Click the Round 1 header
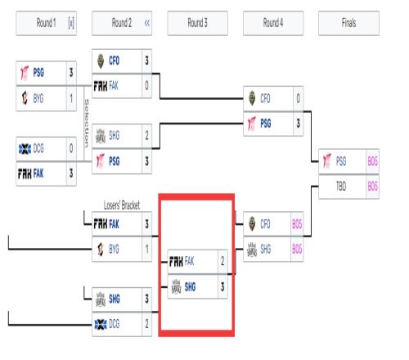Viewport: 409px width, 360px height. coord(46,23)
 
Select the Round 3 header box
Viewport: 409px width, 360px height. coord(197,23)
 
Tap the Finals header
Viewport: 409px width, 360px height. coord(348,23)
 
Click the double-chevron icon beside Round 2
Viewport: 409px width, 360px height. coord(147,23)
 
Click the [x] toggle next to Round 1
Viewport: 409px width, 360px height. coord(71,23)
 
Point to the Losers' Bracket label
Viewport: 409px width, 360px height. coord(122,205)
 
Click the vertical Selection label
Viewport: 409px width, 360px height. coord(87,124)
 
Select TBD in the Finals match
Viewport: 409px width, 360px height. coord(341,187)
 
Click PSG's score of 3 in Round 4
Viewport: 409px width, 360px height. coord(298,124)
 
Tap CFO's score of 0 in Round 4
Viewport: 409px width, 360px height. coord(298,98)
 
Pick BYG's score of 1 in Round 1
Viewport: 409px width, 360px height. coord(71,98)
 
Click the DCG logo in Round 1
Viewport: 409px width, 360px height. coord(25,149)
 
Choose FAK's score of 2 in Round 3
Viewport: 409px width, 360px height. coord(222,261)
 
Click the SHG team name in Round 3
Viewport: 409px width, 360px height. coord(190,286)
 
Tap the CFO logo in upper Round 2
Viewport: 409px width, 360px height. coord(101,61)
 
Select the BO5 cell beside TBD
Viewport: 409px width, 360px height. coord(372,187)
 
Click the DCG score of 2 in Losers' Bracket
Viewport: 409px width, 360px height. coord(146,324)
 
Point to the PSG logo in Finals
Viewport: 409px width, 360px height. coord(327,160)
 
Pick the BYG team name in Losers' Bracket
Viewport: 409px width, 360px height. coord(114,249)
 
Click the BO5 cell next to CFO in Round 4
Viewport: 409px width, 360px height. coord(297,224)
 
